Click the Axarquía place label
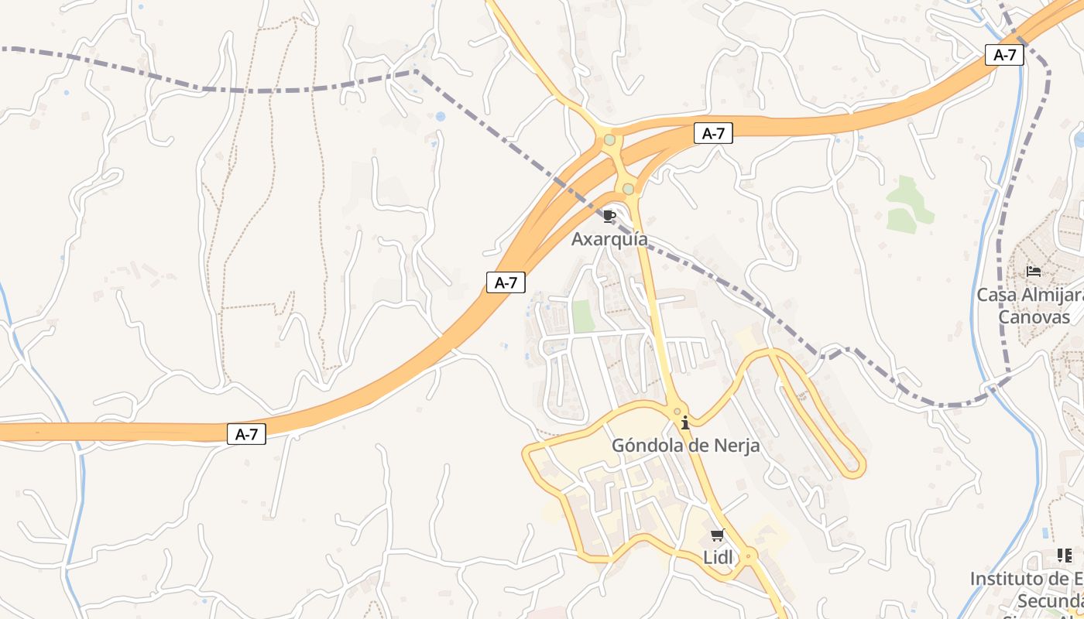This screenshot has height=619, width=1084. [609, 239]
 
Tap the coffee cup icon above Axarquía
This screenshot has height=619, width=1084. [609, 215]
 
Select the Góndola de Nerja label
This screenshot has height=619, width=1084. [685, 446]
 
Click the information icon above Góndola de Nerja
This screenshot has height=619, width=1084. [685, 422]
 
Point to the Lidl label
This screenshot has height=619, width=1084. [718, 557]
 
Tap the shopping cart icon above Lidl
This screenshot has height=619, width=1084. [718, 535]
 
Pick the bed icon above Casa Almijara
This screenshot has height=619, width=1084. [1033, 272]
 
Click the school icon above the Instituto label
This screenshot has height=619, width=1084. [1065, 556]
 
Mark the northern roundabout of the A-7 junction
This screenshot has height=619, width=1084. [610, 140]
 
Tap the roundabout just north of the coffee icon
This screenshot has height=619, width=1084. [628, 188]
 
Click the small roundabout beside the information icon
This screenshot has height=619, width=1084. [677, 412]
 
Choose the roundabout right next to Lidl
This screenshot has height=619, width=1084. [748, 556]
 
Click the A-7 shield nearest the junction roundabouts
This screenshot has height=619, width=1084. [712, 133]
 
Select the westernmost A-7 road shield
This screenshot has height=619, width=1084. [246, 435]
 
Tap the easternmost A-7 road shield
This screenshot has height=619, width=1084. [1004, 55]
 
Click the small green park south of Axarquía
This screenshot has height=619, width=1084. [582, 316]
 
